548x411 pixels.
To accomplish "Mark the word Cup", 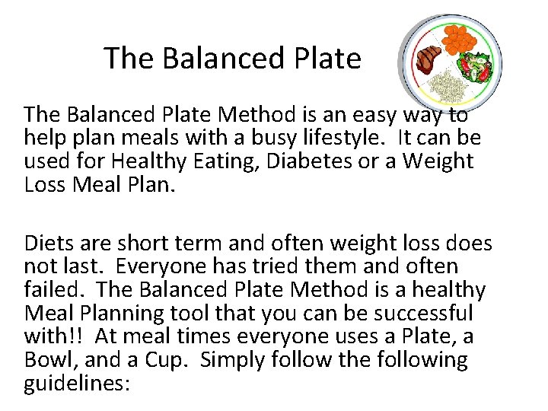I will coord(172,359).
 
